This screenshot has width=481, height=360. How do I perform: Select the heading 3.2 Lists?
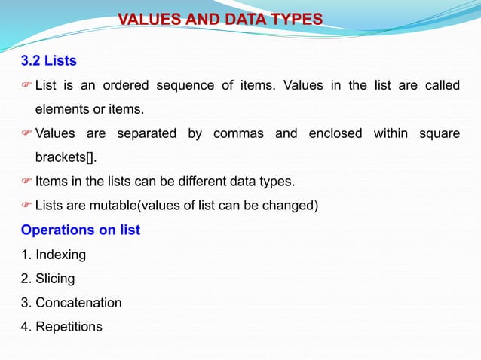[48, 59]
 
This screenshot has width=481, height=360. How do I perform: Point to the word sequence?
[185, 84]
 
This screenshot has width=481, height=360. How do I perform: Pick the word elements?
[61, 109]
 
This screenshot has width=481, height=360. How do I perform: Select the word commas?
[238, 134]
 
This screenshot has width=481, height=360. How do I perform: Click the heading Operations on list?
[81, 230]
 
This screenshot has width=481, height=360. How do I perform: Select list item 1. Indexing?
[53, 255]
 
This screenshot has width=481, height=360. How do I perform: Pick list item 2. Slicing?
[47, 279]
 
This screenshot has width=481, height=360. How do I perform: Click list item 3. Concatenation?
[71, 303]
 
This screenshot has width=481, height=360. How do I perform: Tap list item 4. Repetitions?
[61, 327]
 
